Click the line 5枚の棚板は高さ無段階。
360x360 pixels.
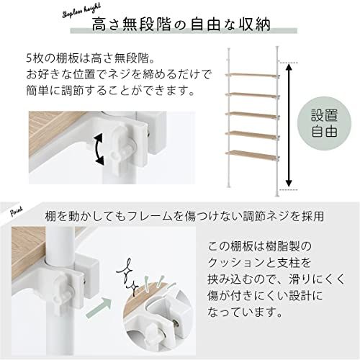click(x=91, y=58)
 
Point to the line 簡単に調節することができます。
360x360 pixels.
click(x=101, y=91)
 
